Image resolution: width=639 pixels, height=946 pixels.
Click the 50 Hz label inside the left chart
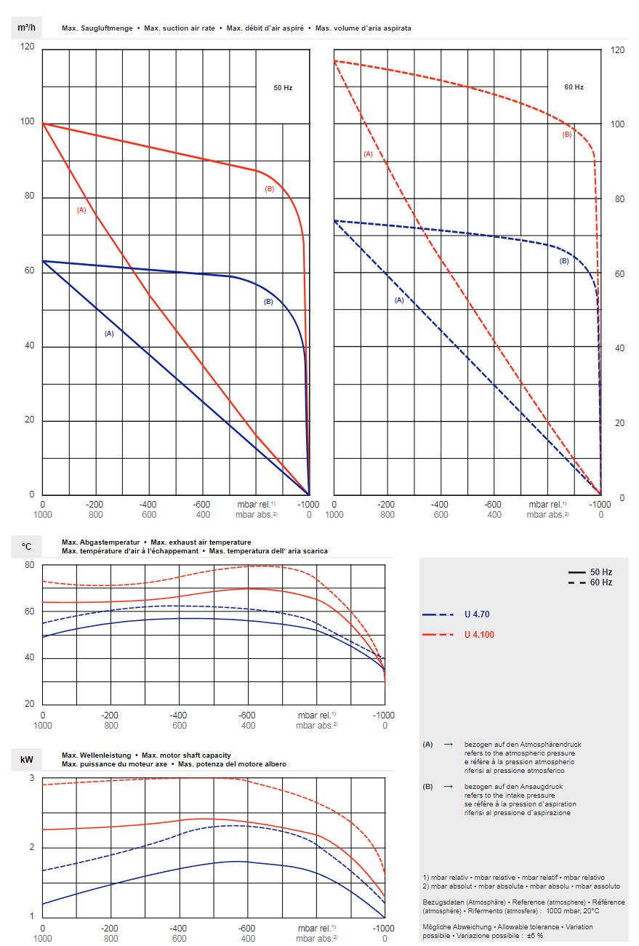[283, 87]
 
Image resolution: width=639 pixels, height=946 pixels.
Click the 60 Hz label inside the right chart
[574, 87]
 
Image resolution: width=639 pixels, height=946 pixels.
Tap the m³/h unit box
[27, 28]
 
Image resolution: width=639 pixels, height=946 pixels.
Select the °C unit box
[27, 546]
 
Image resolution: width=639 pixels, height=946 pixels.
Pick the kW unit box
[27, 760]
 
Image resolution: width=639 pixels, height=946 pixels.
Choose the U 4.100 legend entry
[479, 635]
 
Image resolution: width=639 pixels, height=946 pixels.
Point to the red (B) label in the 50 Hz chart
[270, 189]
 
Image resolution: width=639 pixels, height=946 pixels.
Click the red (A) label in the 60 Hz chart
[368, 154]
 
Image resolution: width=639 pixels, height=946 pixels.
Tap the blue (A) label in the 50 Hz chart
[109, 334]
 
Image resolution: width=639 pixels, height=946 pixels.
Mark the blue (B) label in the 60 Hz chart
[564, 261]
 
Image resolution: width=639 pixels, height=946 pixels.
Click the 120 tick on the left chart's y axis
[28, 47]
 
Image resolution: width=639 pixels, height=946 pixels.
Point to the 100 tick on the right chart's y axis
[618, 125]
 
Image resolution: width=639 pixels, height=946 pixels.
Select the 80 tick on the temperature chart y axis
[29, 565]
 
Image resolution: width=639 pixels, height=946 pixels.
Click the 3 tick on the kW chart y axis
[31, 778]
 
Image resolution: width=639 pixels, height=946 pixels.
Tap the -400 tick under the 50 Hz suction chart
[149, 505]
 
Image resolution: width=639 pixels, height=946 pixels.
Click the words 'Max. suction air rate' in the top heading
[180, 28]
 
